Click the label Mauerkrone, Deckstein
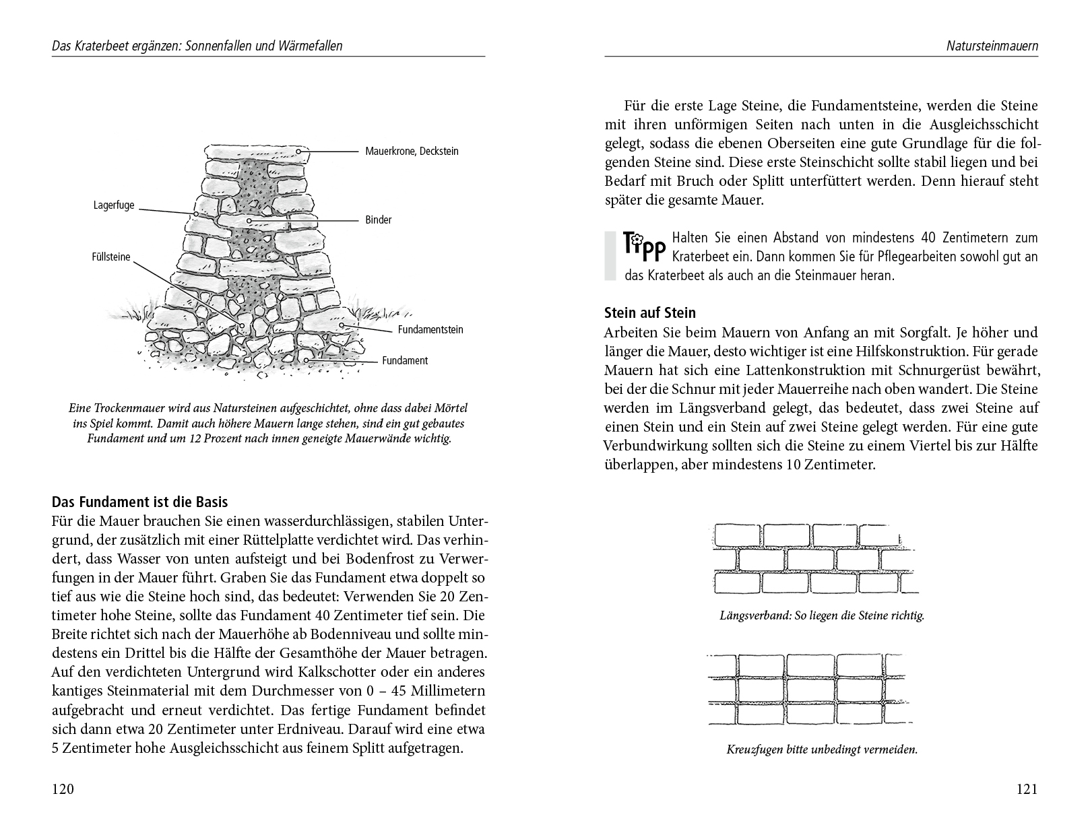pos(412,152)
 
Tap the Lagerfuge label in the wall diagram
pos(114,205)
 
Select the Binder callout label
pos(379,220)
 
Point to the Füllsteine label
pos(111,257)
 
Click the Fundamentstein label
pos(430,330)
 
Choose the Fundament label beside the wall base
pos(405,361)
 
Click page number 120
pos(63,790)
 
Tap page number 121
pos(1027,790)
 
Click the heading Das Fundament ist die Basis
pos(139,502)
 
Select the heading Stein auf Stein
pos(650,313)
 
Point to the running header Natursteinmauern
pos(992,46)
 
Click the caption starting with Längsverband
pos(821,615)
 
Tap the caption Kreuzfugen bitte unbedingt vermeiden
pos(822,749)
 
